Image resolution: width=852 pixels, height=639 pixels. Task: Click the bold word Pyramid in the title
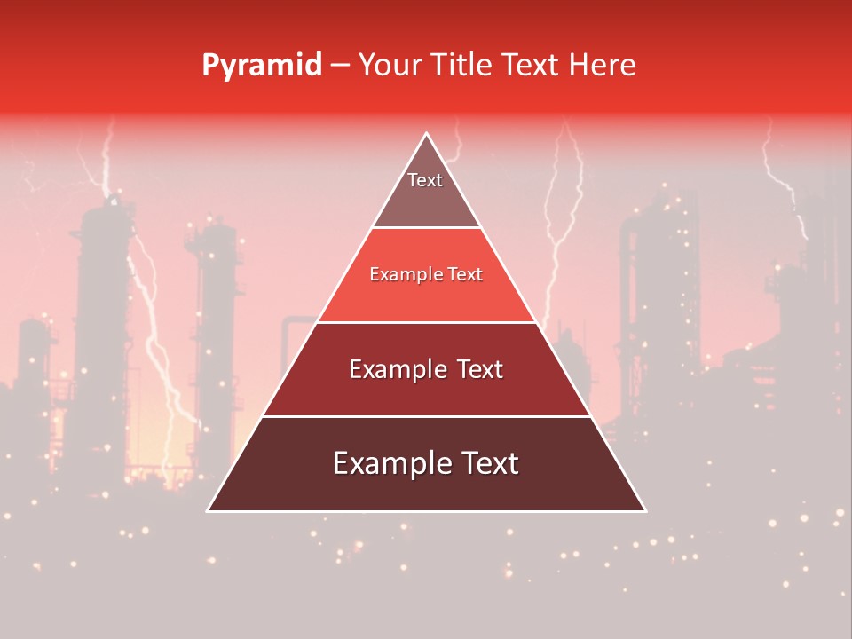[x=261, y=66]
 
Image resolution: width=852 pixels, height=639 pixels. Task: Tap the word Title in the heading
[x=462, y=65]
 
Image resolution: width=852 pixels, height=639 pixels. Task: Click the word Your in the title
[x=390, y=65]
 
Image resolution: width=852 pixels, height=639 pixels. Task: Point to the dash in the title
[x=339, y=66]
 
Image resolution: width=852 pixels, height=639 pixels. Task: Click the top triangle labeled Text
[x=425, y=191]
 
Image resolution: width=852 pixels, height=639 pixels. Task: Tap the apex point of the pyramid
[x=427, y=134]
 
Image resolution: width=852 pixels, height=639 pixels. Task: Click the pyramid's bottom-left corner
[x=209, y=510]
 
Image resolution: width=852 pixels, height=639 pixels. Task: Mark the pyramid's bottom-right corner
[x=645, y=510]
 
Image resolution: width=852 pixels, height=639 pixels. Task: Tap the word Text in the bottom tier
[x=488, y=463]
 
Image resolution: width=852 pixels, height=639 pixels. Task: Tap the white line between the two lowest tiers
[x=426, y=416]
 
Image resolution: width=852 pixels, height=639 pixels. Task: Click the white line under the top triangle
[x=426, y=228]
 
